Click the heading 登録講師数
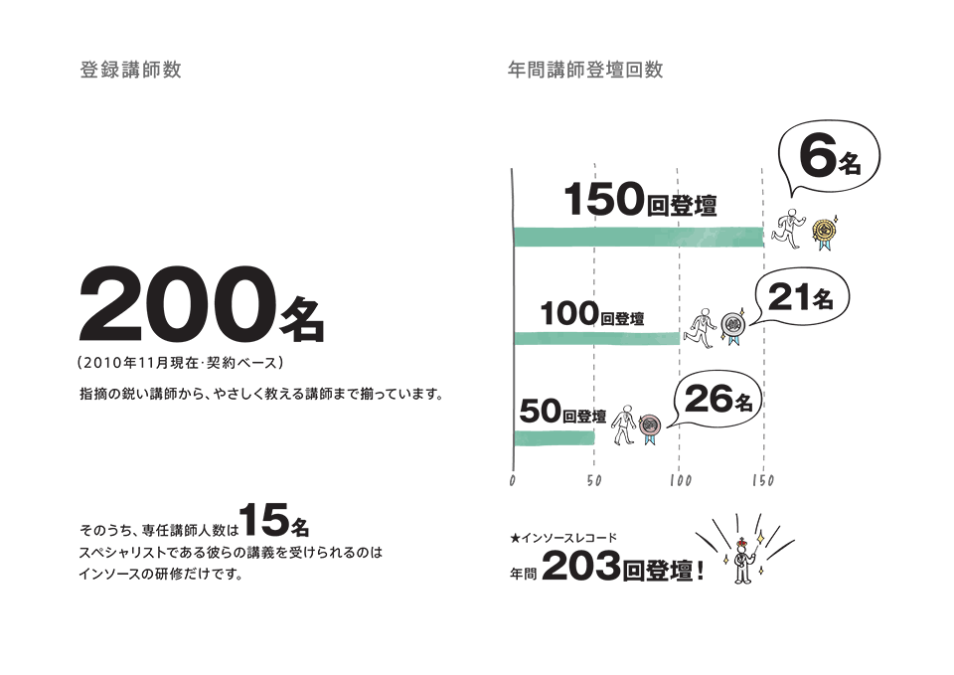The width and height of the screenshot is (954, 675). pyautogui.click(x=130, y=70)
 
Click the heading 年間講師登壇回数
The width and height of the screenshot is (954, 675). pyautogui.click(x=585, y=70)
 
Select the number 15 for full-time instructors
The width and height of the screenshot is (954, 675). pyautogui.click(x=263, y=520)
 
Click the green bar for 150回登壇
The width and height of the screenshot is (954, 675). pyautogui.click(x=639, y=237)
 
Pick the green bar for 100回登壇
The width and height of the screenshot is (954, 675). pyautogui.click(x=597, y=338)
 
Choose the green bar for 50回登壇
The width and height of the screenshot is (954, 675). pyautogui.click(x=555, y=437)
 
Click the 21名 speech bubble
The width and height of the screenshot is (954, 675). pyautogui.click(x=801, y=298)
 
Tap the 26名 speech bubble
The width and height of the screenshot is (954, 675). pyautogui.click(x=717, y=400)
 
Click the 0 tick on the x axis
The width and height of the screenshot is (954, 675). pyautogui.click(x=513, y=481)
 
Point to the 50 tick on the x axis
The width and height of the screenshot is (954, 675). pyautogui.click(x=594, y=481)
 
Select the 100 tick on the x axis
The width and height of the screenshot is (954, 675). pyautogui.click(x=680, y=481)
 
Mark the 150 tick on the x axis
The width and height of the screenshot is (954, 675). pyautogui.click(x=763, y=481)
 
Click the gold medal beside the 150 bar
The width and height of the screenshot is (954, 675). pyautogui.click(x=825, y=232)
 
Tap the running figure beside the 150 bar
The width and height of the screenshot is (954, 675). pyautogui.click(x=788, y=229)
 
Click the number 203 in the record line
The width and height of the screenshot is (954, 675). pyautogui.click(x=580, y=566)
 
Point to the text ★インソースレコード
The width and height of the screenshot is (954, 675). pyautogui.click(x=563, y=538)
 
